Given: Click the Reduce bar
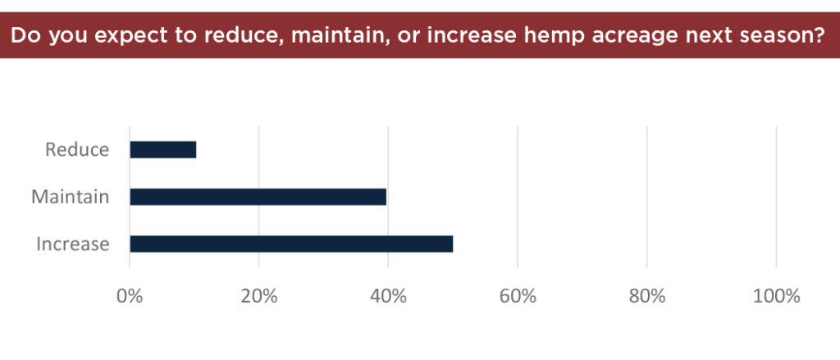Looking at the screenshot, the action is tap(163, 149).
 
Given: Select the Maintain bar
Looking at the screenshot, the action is tap(258, 197).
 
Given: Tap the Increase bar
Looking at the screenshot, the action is tap(291, 244).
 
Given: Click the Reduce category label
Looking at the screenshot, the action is tap(77, 149).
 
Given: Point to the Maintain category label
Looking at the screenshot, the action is tap(71, 197).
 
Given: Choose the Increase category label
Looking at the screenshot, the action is tap(73, 244).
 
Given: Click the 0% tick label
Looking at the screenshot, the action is tap(130, 296).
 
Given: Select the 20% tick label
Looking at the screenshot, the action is tap(258, 296).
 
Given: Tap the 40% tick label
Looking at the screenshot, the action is tap(388, 296).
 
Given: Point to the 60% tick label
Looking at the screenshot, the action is tap(518, 296).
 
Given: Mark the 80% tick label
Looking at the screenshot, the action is tap(647, 296).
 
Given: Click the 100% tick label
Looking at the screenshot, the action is tap(776, 296).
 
